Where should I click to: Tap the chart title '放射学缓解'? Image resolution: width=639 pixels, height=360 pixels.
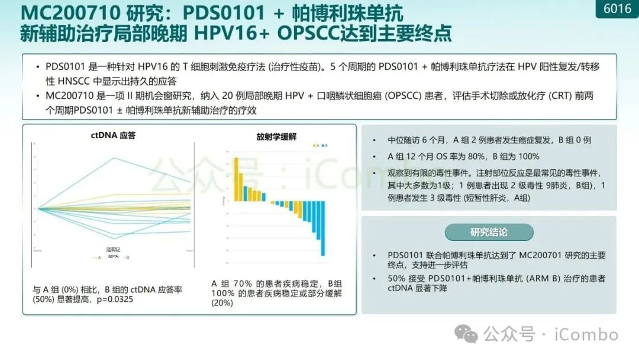[x=276, y=137]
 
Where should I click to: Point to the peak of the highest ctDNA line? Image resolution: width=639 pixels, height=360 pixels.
[x=112, y=158]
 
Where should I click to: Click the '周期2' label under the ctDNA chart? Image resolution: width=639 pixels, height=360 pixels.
[x=112, y=250]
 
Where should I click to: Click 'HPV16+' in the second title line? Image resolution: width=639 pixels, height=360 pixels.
[x=231, y=34]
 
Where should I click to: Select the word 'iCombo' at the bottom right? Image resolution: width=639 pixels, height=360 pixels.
[x=586, y=335]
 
